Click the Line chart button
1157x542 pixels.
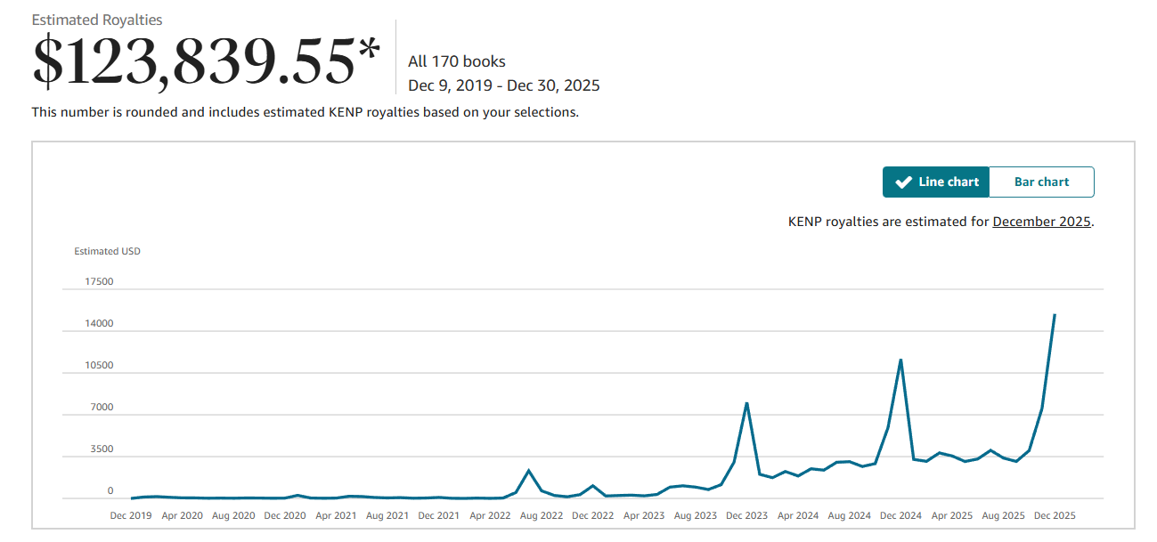(936, 182)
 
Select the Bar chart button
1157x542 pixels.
(1041, 182)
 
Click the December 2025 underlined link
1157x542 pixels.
(1041, 222)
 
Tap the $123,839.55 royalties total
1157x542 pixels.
(206, 61)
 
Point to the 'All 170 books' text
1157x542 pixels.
(457, 61)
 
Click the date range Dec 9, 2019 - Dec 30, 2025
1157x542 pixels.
(504, 86)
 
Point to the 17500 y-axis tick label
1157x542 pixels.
(99, 282)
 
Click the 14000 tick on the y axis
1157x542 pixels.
(99, 324)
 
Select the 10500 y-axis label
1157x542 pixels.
(99, 366)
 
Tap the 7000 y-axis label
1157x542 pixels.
(102, 408)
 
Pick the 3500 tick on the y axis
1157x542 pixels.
(102, 449)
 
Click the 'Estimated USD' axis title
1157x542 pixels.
(107, 251)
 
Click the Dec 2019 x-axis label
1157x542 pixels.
(130, 515)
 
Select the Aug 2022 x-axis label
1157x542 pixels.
(542, 515)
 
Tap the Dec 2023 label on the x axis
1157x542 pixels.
(746, 515)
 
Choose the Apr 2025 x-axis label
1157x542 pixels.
(952, 515)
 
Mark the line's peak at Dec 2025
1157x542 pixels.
(1055, 314)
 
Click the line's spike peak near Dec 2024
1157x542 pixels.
(900, 360)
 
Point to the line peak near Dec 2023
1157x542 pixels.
(746, 403)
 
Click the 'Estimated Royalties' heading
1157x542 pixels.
(97, 20)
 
